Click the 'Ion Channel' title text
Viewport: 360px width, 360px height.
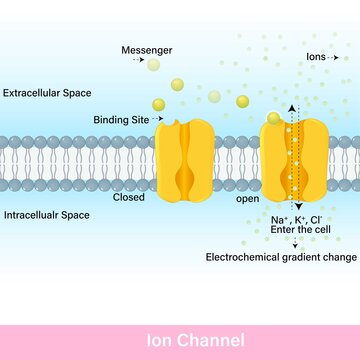coord(180,340)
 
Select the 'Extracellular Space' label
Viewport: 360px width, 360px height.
coord(45,94)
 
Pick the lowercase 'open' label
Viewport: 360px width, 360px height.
coord(247,198)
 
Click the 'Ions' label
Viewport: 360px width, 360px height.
coord(319,58)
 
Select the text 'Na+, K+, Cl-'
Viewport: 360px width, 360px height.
coord(295,218)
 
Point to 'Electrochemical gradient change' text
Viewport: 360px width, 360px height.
coord(281,257)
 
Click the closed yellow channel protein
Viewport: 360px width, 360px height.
coord(186,157)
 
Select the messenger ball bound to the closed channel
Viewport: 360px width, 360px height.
coord(159,104)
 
